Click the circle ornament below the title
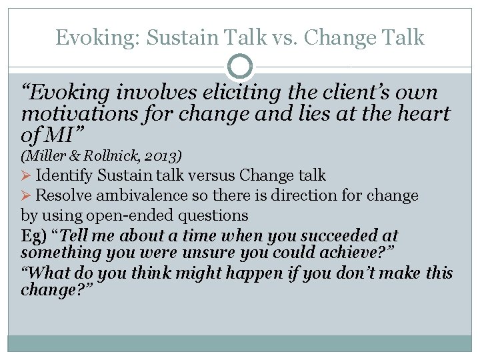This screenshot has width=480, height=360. tap(240, 66)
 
